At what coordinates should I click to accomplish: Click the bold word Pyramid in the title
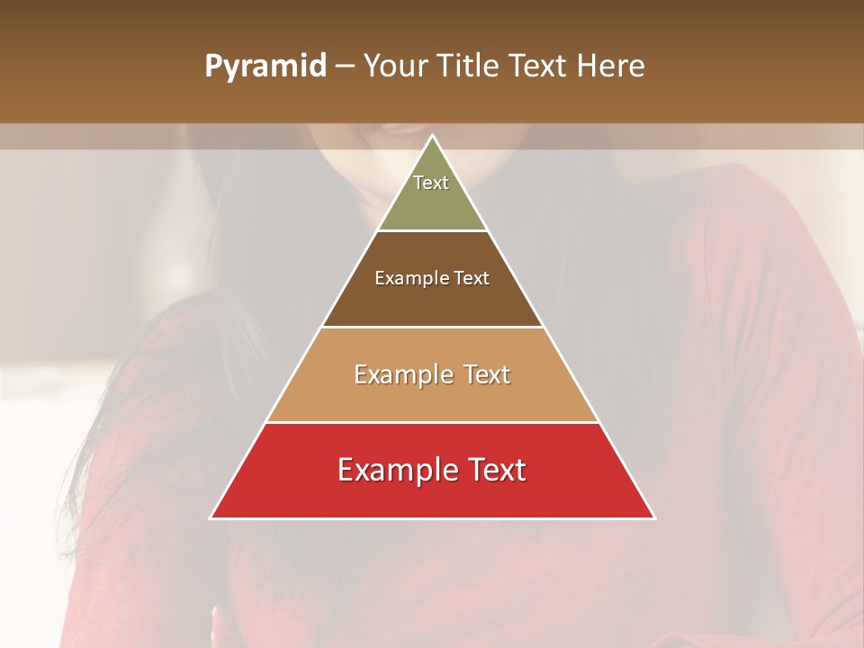265,66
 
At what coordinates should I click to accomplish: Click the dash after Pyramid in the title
345,67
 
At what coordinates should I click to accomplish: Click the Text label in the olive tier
431,183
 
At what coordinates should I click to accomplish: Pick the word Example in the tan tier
403,374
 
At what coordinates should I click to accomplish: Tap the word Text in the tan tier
486,374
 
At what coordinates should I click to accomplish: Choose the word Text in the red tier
496,470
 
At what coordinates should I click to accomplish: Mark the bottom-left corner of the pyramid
211,517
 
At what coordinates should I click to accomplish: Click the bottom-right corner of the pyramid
654,517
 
